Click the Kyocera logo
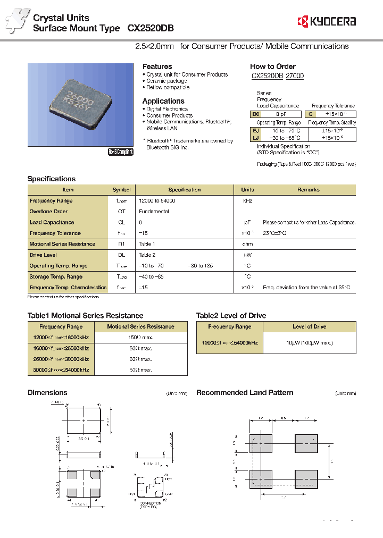click(x=327, y=21)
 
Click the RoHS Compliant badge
click(x=121, y=152)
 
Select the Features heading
click(x=157, y=66)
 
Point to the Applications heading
click(x=163, y=101)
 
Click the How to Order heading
click(x=272, y=66)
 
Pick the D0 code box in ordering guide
click(x=256, y=114)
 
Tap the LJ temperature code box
click(x=256, y=137)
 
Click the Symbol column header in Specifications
click(x=121, y=190)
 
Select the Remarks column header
click(x=308, y=190)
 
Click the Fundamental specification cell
click(x=154, y=212)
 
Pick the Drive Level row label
click(x=43, y=255)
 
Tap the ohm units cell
click(x=247, y=244)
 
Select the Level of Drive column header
click(x=310, y=327)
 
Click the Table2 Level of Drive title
click(x=231, y=316)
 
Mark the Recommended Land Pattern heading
click(x=245, y=393)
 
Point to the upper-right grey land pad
click(x=306, y=443)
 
